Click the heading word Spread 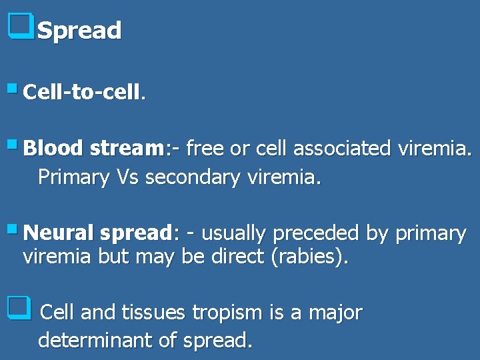click(x=79, y=31)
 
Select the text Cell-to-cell click(x=83, y=92)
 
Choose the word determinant click(x=95, y=341)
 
